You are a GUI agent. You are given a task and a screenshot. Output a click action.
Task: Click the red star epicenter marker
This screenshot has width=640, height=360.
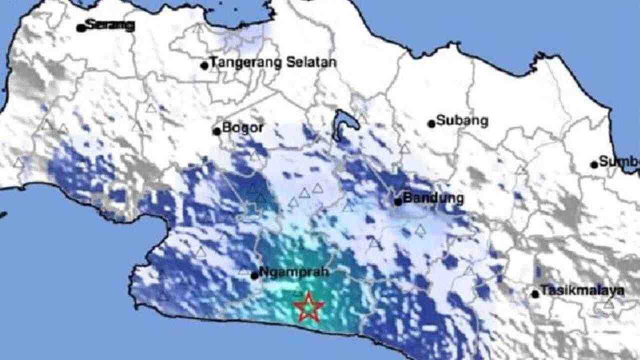(x=308, y=307)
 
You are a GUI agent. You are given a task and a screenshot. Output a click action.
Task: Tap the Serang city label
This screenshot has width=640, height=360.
(x=110, y=25)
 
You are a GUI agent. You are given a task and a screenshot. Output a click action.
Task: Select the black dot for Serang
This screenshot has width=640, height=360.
(x=80, y=28)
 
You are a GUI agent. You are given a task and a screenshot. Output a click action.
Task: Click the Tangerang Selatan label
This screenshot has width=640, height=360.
(x=272, y=62)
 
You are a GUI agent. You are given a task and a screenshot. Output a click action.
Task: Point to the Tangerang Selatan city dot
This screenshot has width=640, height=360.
(x=204, y=65)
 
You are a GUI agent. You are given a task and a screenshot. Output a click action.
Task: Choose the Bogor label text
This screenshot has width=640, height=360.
(x=242, y=127)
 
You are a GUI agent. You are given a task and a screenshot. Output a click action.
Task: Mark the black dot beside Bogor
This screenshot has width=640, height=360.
(x=216, y=131)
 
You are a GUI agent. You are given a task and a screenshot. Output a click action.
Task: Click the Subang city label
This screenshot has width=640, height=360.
(x=462, y=120)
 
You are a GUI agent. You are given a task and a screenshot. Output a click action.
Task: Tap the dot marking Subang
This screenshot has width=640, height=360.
(x=431, y=123)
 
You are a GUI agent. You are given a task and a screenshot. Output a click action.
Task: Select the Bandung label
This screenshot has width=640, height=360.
(x=433, y=198)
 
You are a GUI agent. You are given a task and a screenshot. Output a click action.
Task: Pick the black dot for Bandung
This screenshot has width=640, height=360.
(x=398, y=201)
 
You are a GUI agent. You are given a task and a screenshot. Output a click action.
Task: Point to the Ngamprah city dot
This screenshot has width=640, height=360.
(x=254, y=275)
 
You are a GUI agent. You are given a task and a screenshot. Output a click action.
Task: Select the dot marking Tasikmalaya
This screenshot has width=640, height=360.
(x=535, y=294)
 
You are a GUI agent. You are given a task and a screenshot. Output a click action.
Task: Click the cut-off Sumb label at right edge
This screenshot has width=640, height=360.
(x=619, y=161)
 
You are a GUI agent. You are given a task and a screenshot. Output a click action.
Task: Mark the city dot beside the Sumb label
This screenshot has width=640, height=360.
(x=594, y=164)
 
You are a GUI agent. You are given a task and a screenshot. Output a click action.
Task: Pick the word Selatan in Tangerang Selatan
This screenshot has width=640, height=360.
(x=311, y=62)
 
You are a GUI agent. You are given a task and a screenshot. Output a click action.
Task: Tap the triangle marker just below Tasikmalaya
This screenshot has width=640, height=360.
(x=608, y=303)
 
